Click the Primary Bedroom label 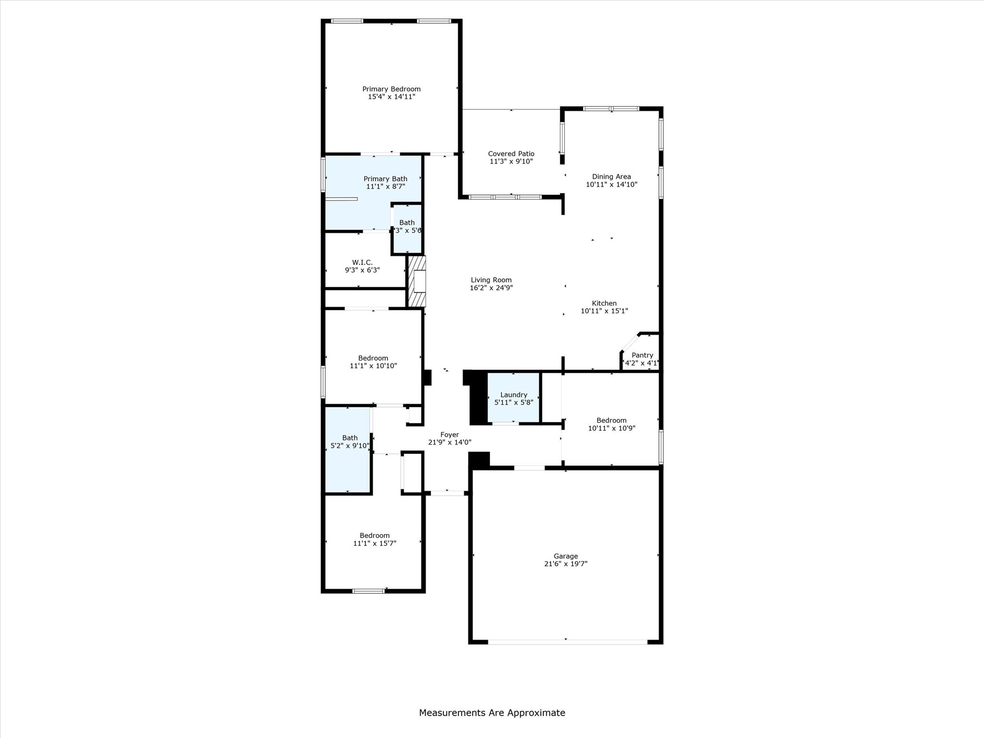(391, 89)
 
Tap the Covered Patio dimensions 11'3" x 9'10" (511, 161)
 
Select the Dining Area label (611, 176)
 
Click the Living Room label (491, 280)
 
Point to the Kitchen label (604, 303)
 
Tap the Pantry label (642, 355)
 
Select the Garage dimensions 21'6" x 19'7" (566, 564)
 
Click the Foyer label (449, 434)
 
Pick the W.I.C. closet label (362, 262)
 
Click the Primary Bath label (385, 179)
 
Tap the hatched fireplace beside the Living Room (417, 281)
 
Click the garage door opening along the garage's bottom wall (567, 641)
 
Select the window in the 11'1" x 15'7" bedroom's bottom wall (368, 591)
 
